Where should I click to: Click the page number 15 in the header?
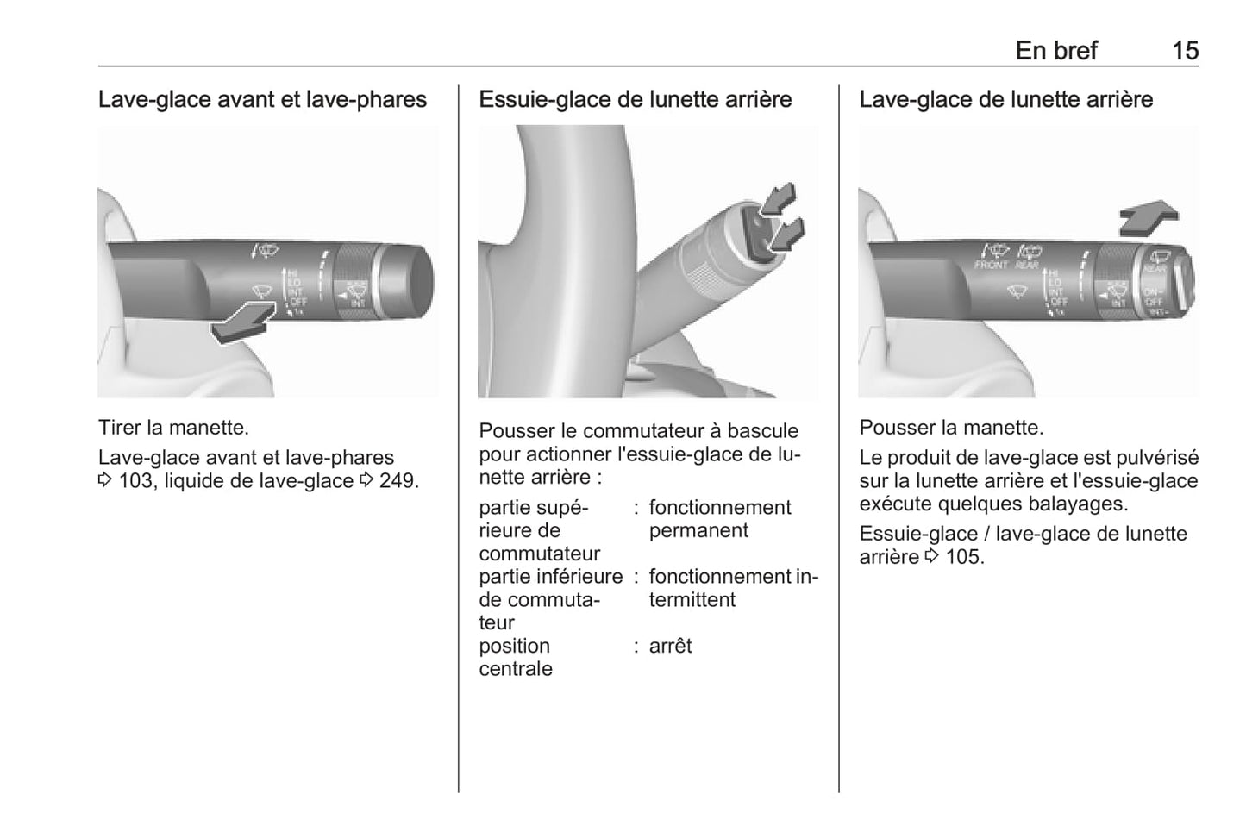(1185, 51)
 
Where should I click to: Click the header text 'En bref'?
(1055, 51)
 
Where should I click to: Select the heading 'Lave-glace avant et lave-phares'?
(262, 100)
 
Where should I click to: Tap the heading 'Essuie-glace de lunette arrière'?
(635, 100)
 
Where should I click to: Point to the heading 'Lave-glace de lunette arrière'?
(1005, 100)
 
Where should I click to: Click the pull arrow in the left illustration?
(243, 322)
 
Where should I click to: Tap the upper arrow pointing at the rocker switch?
(778, 199)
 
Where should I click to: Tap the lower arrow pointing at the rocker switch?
(786, 235)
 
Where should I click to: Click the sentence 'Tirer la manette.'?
(173, 428)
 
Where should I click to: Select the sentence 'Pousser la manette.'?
(951, 428)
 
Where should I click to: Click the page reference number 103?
(135, 481)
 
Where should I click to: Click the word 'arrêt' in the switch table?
(670, 647)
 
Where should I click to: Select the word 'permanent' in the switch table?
(698, 531)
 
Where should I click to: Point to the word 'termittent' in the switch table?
(692, 600)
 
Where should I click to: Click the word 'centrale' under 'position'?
(516, 669)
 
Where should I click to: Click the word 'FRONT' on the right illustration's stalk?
(992, 266)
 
